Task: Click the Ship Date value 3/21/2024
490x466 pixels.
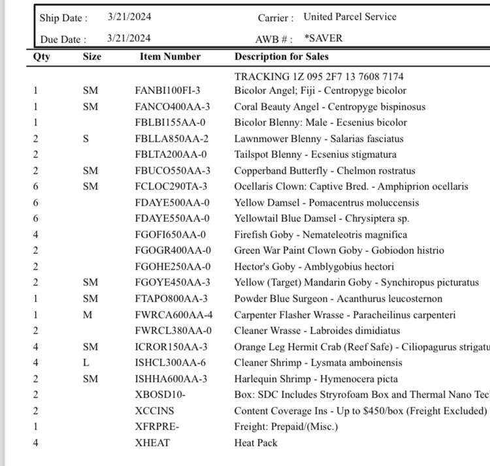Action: [129, 18]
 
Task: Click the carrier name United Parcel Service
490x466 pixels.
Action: [350, 18]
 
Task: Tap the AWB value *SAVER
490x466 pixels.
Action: [323, 39]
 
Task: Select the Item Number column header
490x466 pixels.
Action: [170, 57]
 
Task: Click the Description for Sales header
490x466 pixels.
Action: [282, 57]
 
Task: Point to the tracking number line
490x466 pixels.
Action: [319, 76]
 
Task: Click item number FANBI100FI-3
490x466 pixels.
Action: [168, 91]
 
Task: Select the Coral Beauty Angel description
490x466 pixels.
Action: [329, 107]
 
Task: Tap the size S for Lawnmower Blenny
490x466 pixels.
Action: [86, 139]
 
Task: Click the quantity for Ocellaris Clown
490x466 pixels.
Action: [36, 187]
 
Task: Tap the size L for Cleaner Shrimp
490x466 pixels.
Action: [86, 363]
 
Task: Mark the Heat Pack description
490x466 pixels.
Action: [255, 443]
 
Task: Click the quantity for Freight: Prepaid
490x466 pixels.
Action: [36, 427]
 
